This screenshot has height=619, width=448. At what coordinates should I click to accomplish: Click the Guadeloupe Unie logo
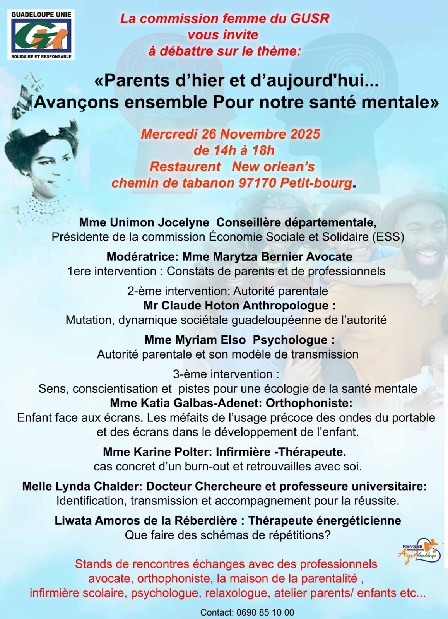point(41,35)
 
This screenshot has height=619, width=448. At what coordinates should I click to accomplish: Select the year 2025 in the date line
point(305,134)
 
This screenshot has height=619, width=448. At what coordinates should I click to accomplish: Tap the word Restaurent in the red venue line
point(185,166)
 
